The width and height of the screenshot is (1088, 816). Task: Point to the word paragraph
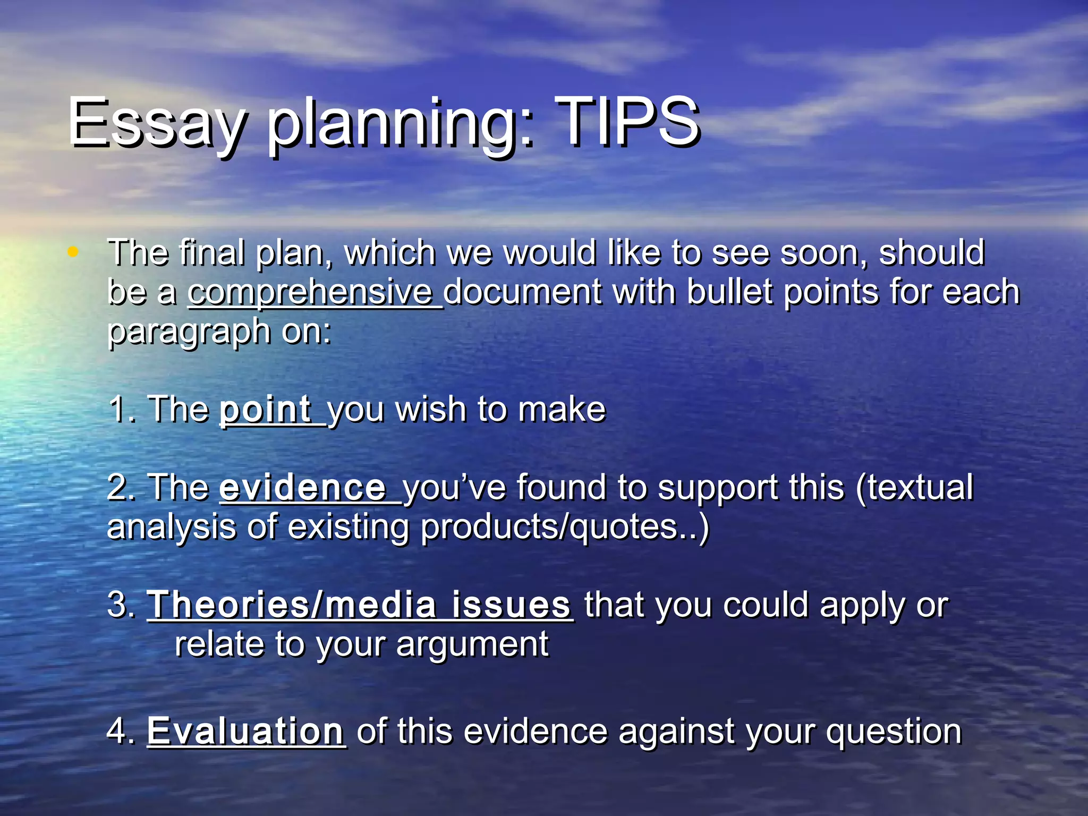coord(189,333)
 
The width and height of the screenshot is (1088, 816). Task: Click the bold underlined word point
coord(266,410)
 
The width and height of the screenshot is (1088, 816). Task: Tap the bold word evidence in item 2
coord(303,487)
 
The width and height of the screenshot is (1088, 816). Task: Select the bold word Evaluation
coord(245,731)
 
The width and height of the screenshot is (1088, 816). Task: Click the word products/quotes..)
coord(565,528)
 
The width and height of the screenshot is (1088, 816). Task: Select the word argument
coord(472,645)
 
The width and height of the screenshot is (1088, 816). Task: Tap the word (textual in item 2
coord(914,487)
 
